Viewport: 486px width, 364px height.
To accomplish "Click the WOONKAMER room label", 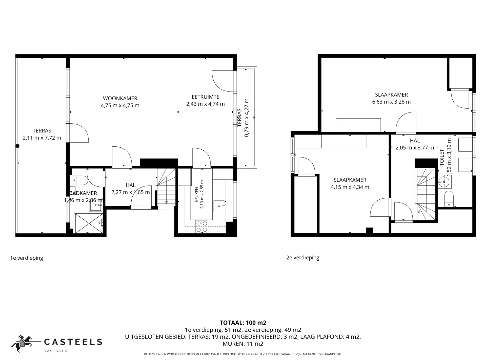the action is point(120,98).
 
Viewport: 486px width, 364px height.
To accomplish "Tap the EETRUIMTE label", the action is point(205,97).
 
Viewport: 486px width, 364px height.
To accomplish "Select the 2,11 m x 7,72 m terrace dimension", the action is point(42,138).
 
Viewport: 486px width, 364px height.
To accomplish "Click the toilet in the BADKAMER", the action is point(80,180).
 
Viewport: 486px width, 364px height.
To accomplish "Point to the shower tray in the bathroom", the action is point(89,223).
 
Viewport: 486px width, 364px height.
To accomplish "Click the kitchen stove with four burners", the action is point(201,226).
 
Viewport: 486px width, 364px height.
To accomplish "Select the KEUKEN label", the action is point(197,194).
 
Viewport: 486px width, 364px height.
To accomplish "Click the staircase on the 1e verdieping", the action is point(166,187).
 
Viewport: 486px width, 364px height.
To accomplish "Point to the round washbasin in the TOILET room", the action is point(444,182).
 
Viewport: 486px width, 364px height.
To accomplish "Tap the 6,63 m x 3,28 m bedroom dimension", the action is point(391,102).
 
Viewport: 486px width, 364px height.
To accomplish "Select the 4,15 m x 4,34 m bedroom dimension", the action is point(350,187).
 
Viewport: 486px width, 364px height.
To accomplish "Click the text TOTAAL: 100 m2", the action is point(243,323).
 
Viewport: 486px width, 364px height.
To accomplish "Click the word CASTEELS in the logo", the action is point(73,342).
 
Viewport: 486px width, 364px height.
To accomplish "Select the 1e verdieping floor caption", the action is point(27,258).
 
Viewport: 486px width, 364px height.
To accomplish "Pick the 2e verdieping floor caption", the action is point(303,258).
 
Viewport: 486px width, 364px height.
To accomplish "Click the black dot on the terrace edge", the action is point(17,146).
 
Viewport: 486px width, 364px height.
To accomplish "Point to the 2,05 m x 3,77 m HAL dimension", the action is point(415,148).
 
